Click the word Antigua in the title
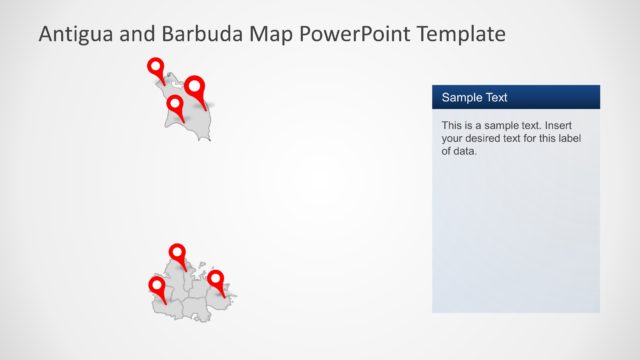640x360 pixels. click(x=75, y=34)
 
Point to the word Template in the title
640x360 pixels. click(x=459, y=34)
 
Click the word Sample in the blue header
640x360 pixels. click(x=461, y=98)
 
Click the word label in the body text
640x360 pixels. click(x=580, y=139)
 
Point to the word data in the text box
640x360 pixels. click(x=465, y=152)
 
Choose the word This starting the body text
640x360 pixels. click(x=452, y=126)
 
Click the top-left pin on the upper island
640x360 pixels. click(x=156, y=67)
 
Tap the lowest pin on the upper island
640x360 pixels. click(x=175, y=103)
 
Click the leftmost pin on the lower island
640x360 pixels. click(x=157, y=286)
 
